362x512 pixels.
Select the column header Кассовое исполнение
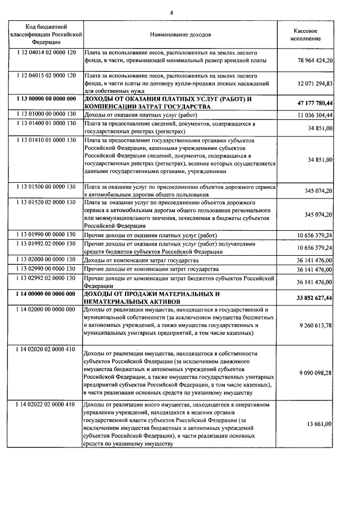pyautogui.click(x=309, y=34)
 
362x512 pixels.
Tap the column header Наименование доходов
pyautogui.click(x=179, y=35)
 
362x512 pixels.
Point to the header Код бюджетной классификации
pyautogui.click(x=46, y=34)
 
